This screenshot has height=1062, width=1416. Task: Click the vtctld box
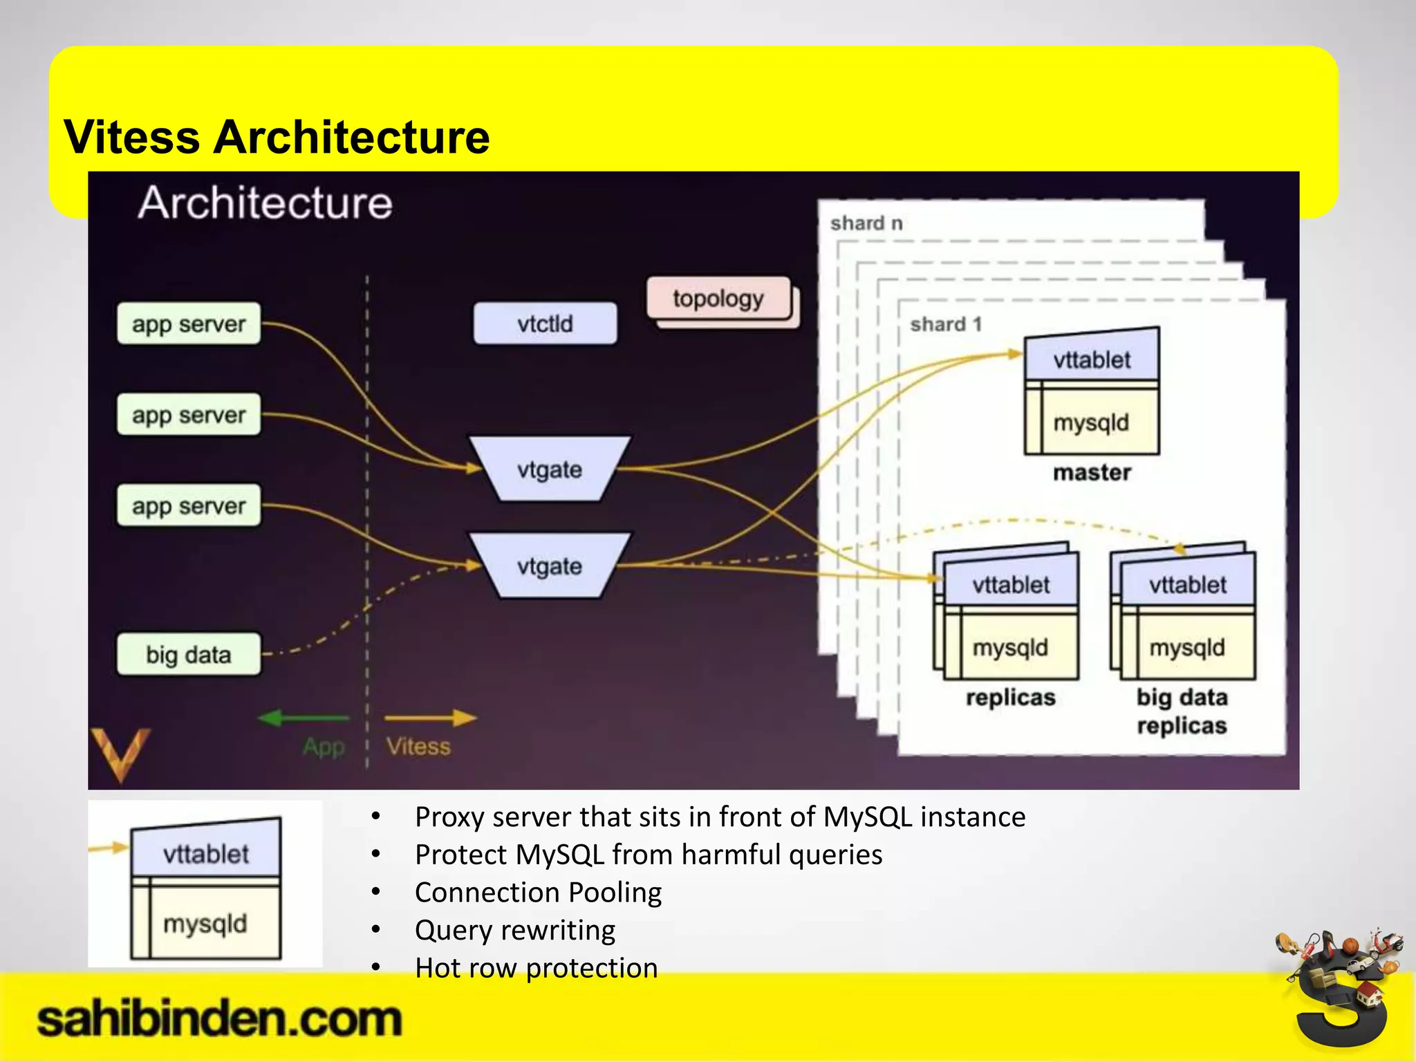tap(545, 324)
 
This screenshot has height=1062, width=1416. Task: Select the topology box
tap(718, 299)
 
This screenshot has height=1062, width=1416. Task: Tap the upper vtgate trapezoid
tap(550, 469)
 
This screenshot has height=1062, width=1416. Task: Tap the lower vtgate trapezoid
tap(550, 566)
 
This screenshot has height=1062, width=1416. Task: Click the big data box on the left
tap(189, 654)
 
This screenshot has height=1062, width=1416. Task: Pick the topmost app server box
tap(189, 324)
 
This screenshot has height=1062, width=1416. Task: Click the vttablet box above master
tap(1092, 359)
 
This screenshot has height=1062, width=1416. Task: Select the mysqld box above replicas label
tap(1010, 647)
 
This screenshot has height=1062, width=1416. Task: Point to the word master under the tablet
tap(1092, 473)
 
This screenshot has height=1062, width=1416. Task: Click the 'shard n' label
tap(866, 223)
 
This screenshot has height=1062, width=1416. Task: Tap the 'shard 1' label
tap(946, 324)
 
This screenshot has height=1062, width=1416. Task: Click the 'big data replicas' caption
tap(1182, 711)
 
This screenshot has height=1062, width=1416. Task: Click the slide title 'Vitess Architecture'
tap(277, 137)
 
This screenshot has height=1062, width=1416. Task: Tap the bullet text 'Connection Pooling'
tap(538, 893)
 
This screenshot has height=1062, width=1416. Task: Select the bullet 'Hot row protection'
tap(536, 968)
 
